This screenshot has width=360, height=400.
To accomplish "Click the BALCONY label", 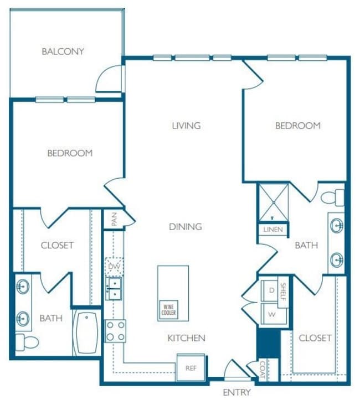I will tap(63, 51).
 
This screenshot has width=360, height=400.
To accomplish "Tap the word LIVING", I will tap(186, 126).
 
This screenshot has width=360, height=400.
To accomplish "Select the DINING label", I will tap(186, 226).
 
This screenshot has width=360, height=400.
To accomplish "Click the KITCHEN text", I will tap(187, 337).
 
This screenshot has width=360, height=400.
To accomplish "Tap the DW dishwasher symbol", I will tap(114, 267).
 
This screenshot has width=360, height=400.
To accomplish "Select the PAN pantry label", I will tap(114, 220).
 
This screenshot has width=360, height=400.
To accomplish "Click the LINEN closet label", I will tap(272, 229).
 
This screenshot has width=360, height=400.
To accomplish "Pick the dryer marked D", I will tap(271, 289).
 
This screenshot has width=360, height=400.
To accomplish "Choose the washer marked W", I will tap(271, 314).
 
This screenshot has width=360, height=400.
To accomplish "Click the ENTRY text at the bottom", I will tap(236, 392).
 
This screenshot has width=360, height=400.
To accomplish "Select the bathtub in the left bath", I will tap(86, 334).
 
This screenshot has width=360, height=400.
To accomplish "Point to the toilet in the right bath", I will tap(333, 197).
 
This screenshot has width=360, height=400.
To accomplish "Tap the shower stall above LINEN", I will tap(274, 202).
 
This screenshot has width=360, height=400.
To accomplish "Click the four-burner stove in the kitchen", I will tap(115, 331).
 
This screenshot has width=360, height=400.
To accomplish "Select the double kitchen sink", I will tap(114, 288).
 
